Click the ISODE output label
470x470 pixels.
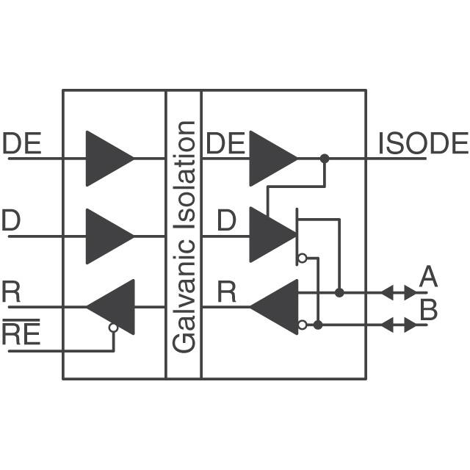click(422, 143)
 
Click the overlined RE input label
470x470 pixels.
click(22, 335)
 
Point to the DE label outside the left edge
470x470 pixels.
click(22, 143)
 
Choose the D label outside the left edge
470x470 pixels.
click(11, 221)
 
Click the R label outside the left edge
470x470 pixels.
click(11, 292)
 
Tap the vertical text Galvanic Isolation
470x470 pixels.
click(184, 235)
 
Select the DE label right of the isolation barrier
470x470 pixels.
click(225, 143)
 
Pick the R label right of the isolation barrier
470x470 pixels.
click(227, 292)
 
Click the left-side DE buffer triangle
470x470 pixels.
click(106, 158)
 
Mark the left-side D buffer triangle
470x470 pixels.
click(106, 236)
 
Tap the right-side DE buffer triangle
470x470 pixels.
click(270, 158)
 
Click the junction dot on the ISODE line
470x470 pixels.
click(324, 158)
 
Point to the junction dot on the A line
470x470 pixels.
click(339, 292)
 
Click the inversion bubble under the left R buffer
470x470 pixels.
click(113, 328)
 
